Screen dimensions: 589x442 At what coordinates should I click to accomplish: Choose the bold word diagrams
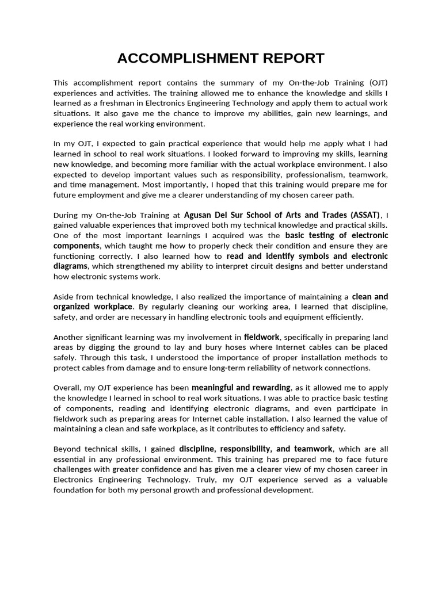click(x=70, y=266)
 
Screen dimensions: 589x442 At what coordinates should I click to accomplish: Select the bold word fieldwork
click(x=261, y=337)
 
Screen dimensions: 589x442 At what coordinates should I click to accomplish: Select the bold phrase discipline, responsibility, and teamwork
click(x=256, y=449)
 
